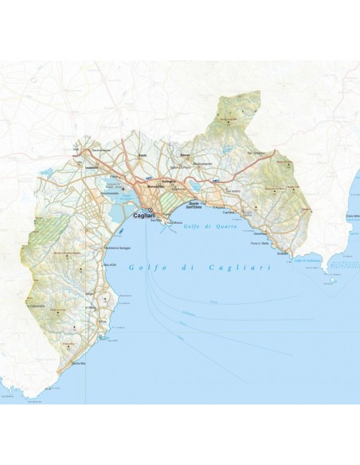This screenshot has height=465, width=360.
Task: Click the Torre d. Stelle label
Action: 261,244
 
